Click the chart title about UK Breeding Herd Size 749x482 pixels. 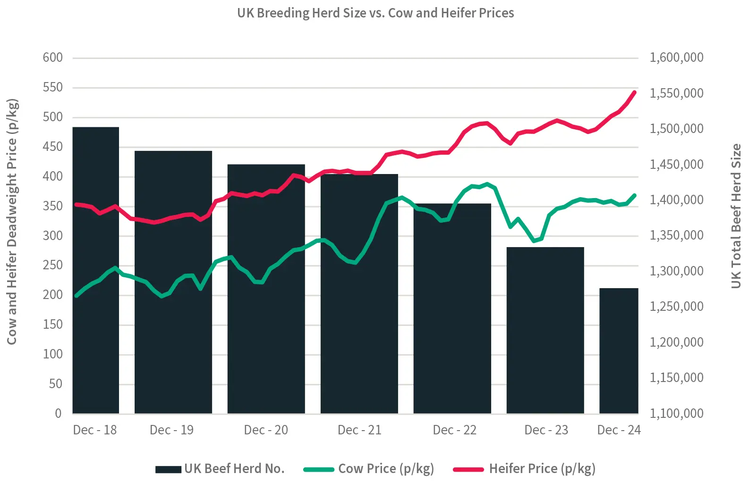[375, 13]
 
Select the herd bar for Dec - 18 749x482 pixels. [95, 283]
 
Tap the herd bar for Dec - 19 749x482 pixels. [173, 292]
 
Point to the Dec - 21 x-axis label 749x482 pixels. [359, 430]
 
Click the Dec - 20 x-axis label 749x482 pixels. [266, 430]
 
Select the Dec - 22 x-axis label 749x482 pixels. [454, 430]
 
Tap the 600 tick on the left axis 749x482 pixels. [52, 58]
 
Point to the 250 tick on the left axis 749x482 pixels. [52, 265]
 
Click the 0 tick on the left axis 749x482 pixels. [58, 414]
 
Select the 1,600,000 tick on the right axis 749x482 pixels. [676, 58]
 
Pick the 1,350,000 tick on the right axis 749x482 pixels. [676, 235]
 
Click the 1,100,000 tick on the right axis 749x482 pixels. [676, 414]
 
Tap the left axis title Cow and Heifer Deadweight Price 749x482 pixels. [12, 222]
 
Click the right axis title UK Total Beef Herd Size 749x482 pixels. [736, 216]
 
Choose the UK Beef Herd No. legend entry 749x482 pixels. [220, 469]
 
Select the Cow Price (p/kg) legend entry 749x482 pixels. [369, 469]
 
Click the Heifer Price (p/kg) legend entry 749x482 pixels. [525, 469]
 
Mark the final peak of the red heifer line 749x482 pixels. [634, 92]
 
